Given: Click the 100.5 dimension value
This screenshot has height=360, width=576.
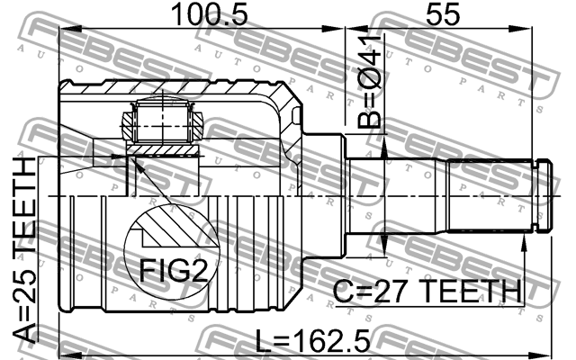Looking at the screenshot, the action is coord(210,14).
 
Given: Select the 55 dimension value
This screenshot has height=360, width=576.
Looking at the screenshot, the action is coord(443,14).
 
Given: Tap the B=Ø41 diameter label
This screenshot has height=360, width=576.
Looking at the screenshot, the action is coord(369,82).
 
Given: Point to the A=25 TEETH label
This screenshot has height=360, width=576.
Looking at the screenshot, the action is coord(24,251).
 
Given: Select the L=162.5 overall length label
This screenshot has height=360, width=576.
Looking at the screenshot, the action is coord(312,340).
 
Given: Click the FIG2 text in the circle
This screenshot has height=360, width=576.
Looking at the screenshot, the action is coord(174,270).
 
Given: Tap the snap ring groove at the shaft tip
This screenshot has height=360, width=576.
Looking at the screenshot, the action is coord(535,196).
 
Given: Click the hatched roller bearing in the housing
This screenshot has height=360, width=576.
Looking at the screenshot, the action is coord(162,122).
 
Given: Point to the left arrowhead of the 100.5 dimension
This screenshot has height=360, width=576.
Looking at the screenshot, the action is coord(70,29).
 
